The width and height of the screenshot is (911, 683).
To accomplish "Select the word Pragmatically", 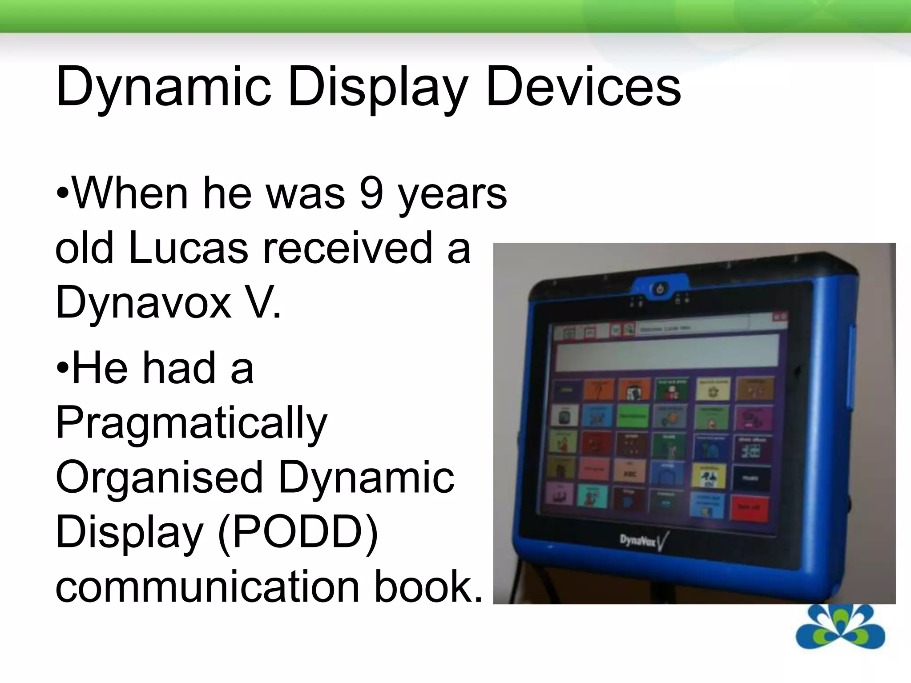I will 191,423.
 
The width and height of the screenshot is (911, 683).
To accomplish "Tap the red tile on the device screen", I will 750,507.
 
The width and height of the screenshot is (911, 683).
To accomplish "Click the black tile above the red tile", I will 751,478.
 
